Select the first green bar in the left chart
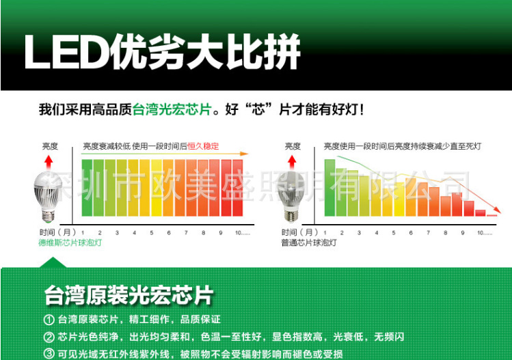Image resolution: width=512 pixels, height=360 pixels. click(x=87, y=188)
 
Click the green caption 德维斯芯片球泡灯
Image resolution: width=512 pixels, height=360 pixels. click(x=70, y=243)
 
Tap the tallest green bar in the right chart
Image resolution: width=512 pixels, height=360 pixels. click(x=329, y=188)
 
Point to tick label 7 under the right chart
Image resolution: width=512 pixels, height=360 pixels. click(x=428, y=233)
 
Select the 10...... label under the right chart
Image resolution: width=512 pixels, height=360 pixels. click(x=485, y=233)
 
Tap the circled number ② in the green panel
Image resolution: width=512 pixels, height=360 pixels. click(x=49, y=337)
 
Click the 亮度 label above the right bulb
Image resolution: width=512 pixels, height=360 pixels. click(x=293, y=146)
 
